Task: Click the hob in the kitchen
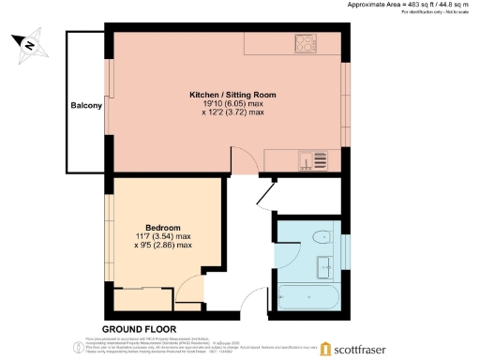307,43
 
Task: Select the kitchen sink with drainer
310,160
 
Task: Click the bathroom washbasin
327,266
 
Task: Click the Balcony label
85,106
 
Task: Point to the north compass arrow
28,43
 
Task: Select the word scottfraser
371,349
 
